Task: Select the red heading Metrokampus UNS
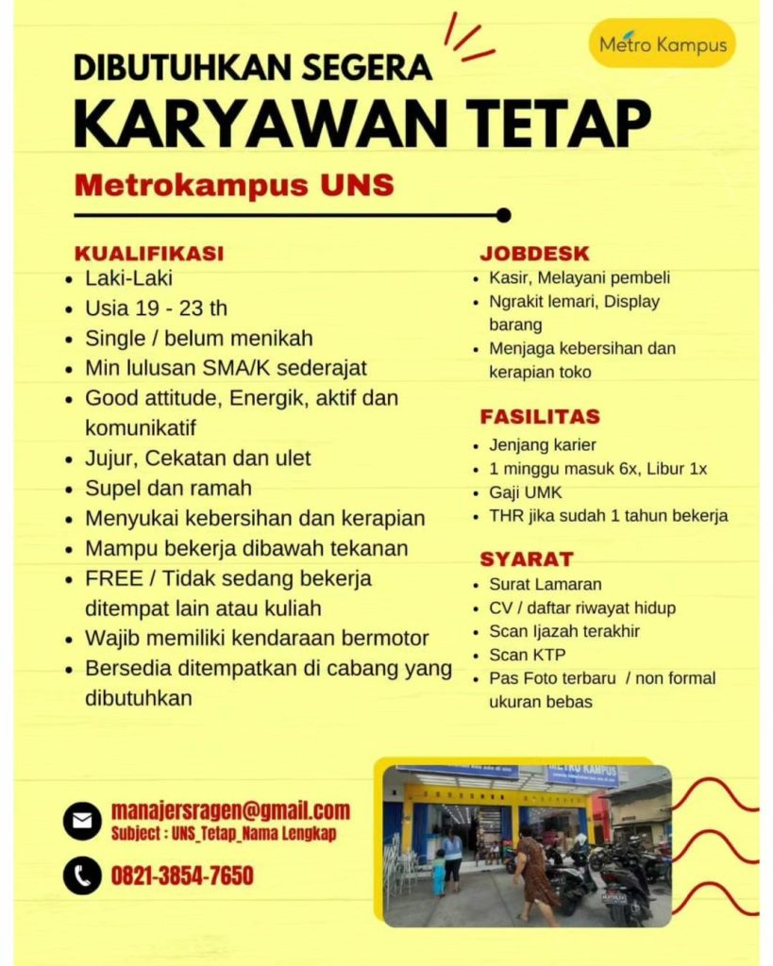coord(234,184)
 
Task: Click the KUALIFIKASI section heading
coord(149,253)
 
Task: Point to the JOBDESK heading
coord(534,253)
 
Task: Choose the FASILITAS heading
coord(540,416)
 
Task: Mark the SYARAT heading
coord(527,558)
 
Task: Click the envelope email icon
coord(82,820)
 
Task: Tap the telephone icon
coord(82,876)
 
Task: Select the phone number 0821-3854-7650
coord(182,876)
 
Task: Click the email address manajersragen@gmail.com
coord(230,810)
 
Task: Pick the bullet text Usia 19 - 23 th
coord(156,308)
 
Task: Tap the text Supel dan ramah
coord(168,489)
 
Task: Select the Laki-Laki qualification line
coord(128,278)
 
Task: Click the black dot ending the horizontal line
coord(503,215)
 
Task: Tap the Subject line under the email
coord(223,834)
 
